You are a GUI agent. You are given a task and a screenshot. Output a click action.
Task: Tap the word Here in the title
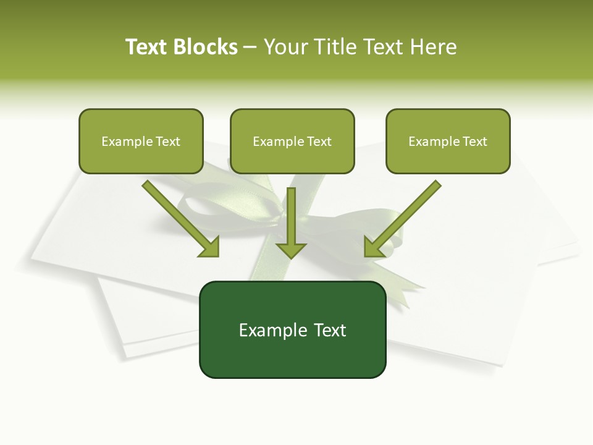[432, 47]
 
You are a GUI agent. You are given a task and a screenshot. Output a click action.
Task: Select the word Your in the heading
[285, 47]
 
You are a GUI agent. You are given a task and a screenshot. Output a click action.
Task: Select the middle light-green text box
[292, 159]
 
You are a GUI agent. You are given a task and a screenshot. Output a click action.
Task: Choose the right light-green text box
[448, 159]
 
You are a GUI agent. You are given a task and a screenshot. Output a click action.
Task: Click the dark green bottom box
[292, 355]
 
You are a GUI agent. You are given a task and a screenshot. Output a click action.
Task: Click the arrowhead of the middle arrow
[291, 249]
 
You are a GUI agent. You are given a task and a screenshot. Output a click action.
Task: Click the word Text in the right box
[474, 142]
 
